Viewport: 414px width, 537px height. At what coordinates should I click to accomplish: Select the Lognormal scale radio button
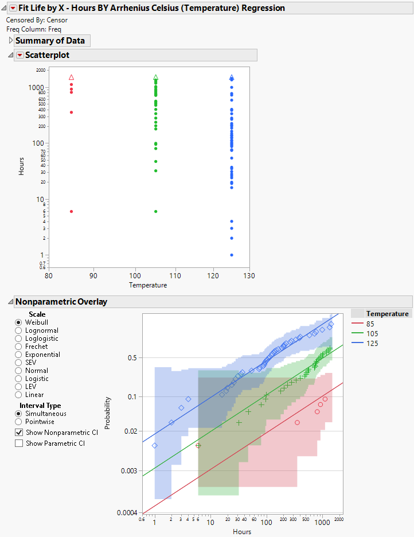[x=18, y=330]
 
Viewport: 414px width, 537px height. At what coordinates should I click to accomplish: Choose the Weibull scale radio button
[x=18, y=322]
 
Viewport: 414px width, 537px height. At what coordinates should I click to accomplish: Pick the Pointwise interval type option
[x=18, y=422]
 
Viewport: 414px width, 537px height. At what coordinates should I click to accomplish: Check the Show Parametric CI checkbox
[x=19, y=443]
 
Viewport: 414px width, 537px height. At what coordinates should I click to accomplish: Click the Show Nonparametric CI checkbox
[x=19, y=433]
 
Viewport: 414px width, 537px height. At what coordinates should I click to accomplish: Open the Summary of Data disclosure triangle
[x=10, y=41]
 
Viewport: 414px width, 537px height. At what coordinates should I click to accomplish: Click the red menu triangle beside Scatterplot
[x=20, y=55]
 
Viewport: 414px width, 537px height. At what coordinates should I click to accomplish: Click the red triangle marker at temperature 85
[x=71, y=77]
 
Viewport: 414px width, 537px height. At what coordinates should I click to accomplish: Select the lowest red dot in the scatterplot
[x=71, y=211]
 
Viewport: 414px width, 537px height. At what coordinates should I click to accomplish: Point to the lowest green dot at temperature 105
[x=155, y=211]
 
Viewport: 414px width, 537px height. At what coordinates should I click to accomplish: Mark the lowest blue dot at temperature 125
[x=232, y=255]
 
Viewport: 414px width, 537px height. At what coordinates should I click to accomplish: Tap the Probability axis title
[x=108, y=413]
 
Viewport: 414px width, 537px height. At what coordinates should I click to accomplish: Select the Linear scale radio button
[x=18, y=395]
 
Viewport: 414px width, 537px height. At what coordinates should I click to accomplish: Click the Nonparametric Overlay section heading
[x=61, y=302]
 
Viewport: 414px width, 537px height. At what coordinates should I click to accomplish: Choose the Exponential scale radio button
[x=18, y=355]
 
